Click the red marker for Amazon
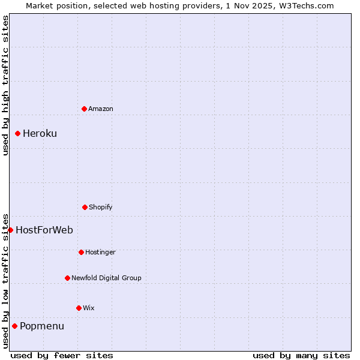click(x=84, y=109)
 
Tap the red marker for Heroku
click(x=17, y=133)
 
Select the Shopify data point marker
click(x=85, y=207)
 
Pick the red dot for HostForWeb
click(x=10, y=230)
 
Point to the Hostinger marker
click(x=81, y=252)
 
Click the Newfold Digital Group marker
click(x=67, y=278)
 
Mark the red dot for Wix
click(x=79, y=308)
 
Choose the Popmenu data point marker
click(x=14, y=326)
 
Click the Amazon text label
click(x=101, y=109)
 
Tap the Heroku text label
click(x=40, y=133)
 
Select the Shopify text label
click(x=101, y=207)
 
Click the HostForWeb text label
click(x=44, y=230)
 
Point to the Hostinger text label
click(x=100, y=252)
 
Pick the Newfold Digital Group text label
click(x=106, y=278)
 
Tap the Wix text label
click(x=89, y=308)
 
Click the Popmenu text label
click(x=42, y=326)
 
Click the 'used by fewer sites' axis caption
click(x=62, y=355)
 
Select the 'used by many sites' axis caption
click(x=301, y=355)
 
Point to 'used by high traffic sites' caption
click(x=5, y=85)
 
